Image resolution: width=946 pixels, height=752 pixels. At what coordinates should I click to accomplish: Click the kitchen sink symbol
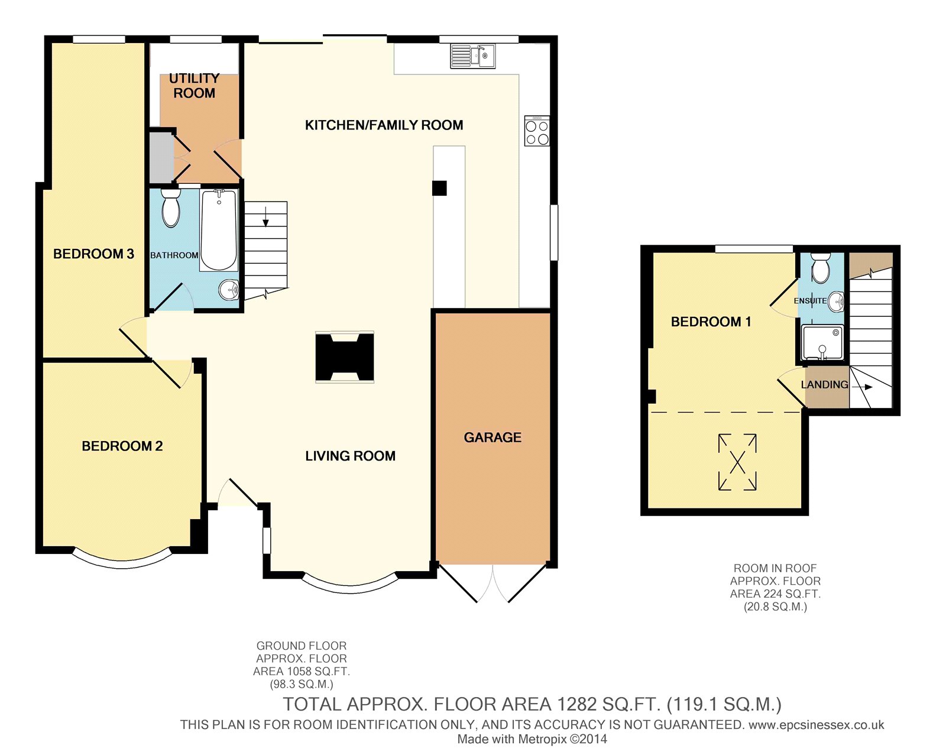coord(473,56)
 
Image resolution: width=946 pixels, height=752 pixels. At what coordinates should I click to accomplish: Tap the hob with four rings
coord(537,131)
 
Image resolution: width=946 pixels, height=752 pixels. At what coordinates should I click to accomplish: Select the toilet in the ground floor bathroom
coord(170,208)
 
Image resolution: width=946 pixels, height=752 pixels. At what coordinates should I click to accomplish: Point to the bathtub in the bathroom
coord(219,230)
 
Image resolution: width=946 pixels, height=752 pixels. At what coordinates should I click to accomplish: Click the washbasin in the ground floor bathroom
coord(229,290)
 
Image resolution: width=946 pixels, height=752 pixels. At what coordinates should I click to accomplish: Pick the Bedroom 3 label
coord(93,254)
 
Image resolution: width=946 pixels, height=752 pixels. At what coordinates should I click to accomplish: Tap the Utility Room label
coord(195,86)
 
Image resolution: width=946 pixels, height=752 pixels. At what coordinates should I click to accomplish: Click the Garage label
coord(493,437)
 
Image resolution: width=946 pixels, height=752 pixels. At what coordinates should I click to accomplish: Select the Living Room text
coord(351,456)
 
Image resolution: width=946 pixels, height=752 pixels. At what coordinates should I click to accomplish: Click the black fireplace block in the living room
coord(345,357)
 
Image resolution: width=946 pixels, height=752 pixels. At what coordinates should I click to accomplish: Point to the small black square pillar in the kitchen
coord(439,188)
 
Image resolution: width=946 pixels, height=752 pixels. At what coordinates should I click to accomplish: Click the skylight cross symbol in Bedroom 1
coord(737,462)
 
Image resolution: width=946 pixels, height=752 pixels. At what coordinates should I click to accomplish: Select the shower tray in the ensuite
coord(822,343)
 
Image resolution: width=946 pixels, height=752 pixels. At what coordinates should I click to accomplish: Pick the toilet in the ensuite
coord(820,268)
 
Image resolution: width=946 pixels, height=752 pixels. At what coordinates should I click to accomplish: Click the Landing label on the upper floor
coord(825,384)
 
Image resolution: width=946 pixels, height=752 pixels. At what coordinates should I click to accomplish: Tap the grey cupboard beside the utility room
coord(161,157)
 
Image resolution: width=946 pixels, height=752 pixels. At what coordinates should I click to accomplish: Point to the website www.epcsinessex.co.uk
coord(817,725)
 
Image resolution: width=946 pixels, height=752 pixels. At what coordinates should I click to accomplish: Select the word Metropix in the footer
coord(543,739)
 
